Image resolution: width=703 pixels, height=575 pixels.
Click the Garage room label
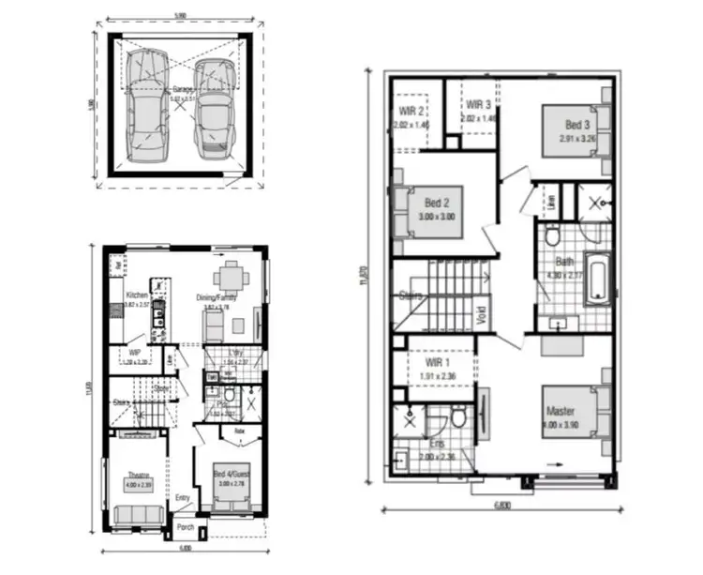182,90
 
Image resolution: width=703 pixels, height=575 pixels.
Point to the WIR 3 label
478,105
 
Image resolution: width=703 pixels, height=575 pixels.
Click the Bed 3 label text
577,126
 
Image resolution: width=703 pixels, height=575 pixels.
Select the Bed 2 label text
438,203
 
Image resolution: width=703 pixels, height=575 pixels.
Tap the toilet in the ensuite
457,416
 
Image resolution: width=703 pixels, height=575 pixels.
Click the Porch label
187,528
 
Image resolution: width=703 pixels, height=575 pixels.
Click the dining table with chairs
231,278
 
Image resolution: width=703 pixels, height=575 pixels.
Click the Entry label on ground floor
184,498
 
